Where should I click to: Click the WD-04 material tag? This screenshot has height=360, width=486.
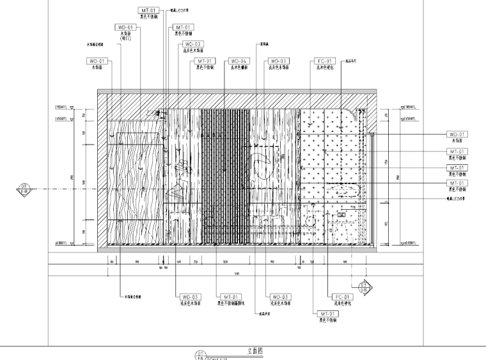[x=239, y=61]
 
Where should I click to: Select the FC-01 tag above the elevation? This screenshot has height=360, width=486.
[x=324, y=61]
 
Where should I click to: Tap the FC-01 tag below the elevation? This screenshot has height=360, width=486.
[x=343, y=297]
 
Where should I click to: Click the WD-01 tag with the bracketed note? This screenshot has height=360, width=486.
[x=125, y=27]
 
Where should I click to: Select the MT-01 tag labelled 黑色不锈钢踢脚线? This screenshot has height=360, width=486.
[x=231, y=297]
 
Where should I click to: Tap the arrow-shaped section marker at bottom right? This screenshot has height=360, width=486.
[x=365, y=286]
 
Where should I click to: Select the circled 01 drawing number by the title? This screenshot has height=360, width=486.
[x=200, y=354]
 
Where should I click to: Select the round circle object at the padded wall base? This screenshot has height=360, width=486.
[x=311, y=221]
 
